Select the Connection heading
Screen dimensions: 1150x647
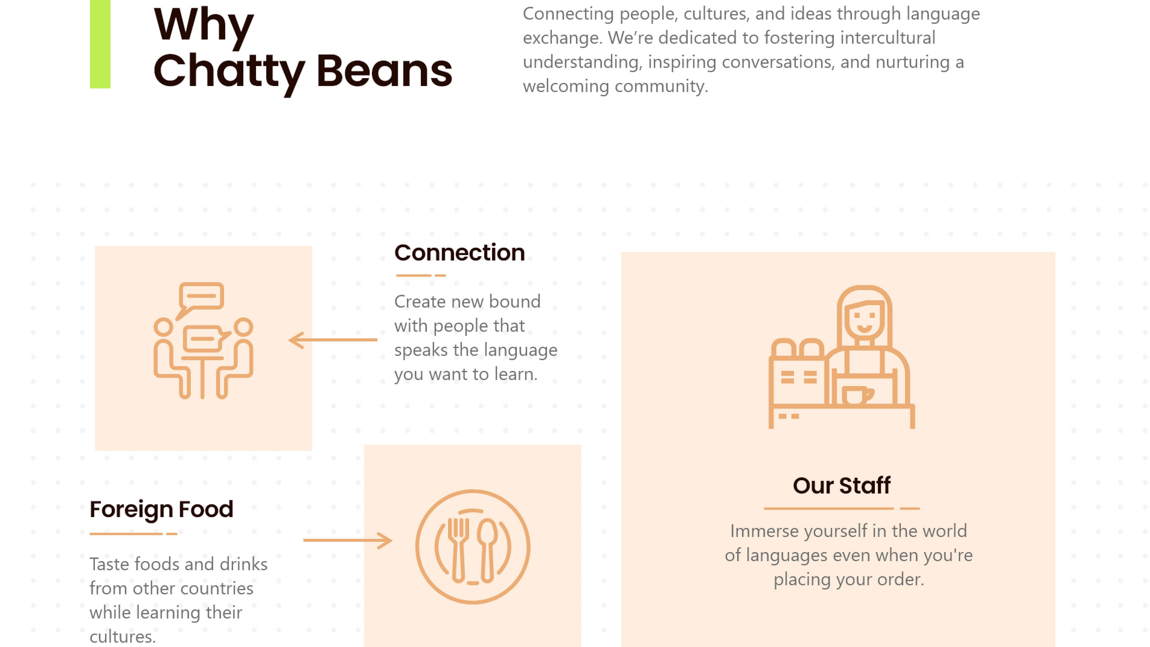point(459,253)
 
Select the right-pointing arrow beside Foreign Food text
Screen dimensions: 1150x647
point(347,540)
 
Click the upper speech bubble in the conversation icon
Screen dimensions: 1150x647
point(201,296)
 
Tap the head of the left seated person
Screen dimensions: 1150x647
point(164,327)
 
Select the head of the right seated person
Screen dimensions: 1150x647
point(243,327)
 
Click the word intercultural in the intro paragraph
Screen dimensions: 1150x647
point(887,37)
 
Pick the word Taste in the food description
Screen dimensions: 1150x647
point(109,564)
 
